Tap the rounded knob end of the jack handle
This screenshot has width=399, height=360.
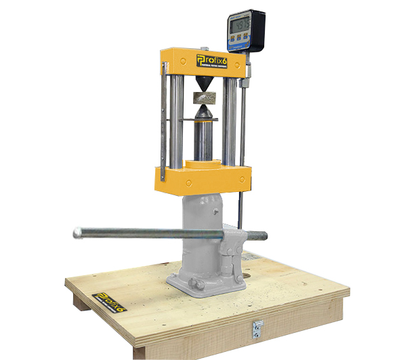(78, 233)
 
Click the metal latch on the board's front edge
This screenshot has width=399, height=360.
(258, 327)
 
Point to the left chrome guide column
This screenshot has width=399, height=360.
(177, 119)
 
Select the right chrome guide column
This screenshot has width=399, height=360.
(230, 119)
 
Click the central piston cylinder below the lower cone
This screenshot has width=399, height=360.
(203, 139)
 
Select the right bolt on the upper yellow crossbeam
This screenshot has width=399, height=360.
(236, 64)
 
